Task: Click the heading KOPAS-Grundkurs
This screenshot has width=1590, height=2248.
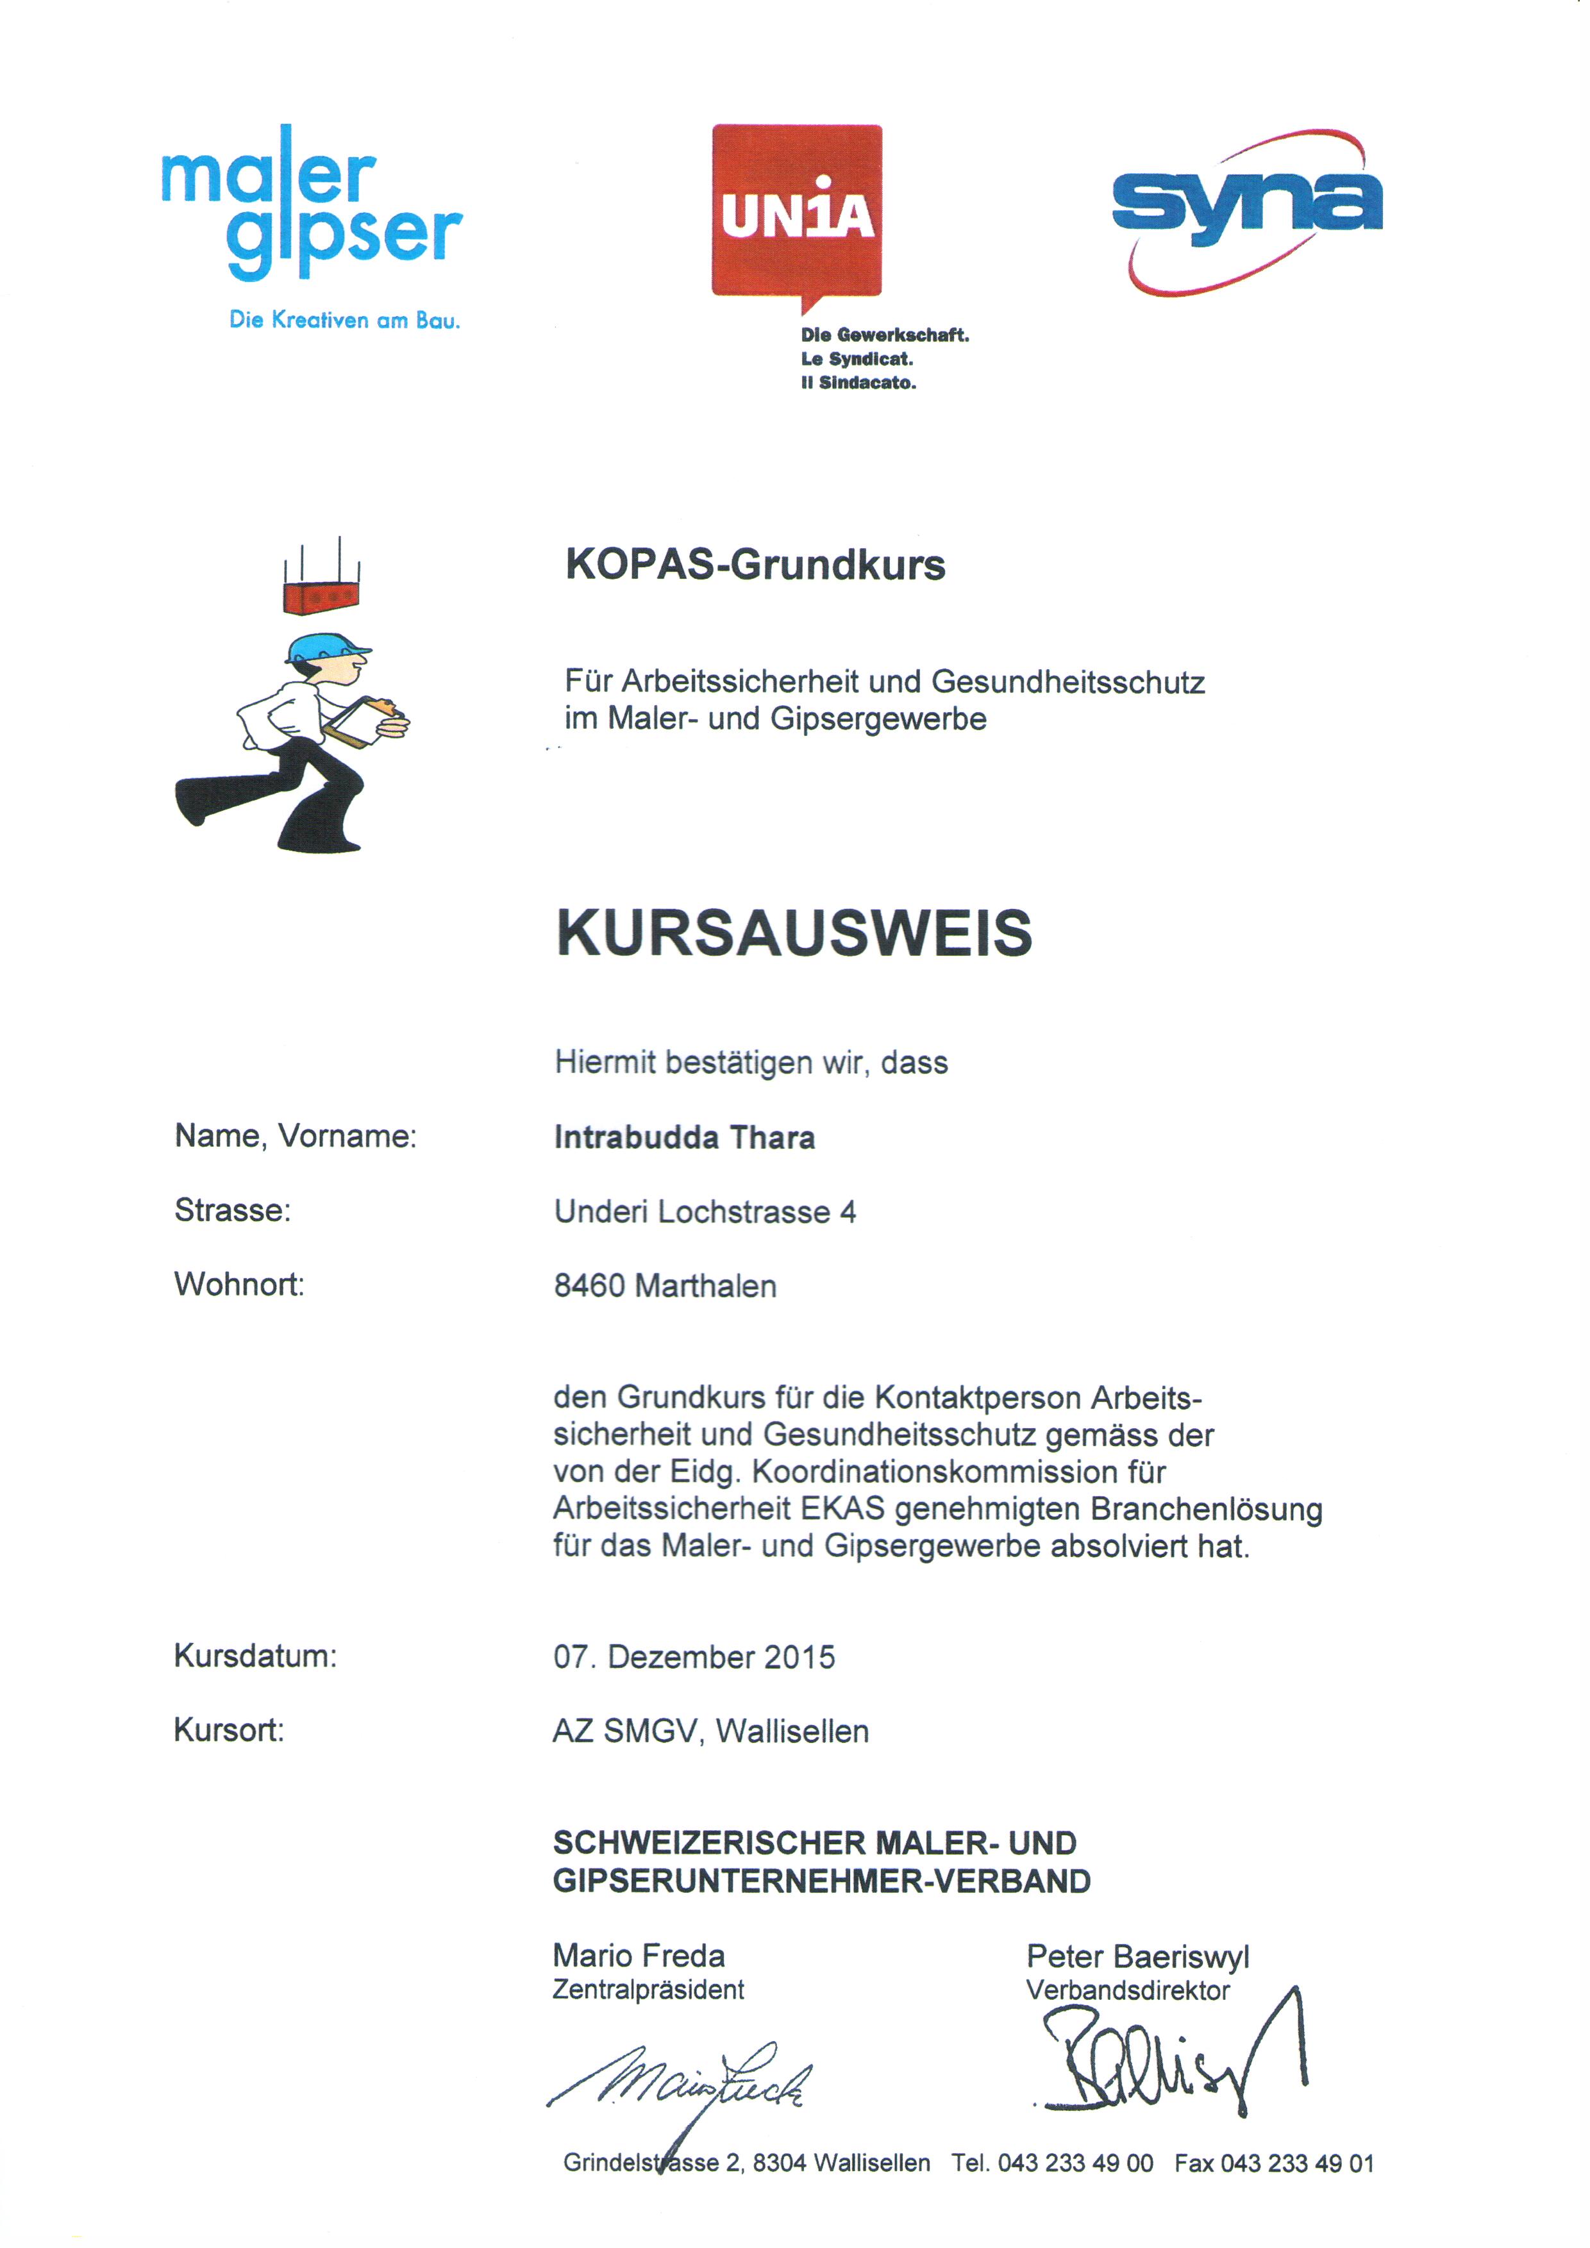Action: pos(755,565)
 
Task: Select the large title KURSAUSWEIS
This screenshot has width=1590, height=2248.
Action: pos(794,932)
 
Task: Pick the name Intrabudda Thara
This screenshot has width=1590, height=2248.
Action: pos(684,1138)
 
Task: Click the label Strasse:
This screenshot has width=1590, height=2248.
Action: pos(232,1210)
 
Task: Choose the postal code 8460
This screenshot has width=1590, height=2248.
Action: pos(589,1286)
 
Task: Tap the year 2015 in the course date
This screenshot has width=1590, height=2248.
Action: pos(799,1656)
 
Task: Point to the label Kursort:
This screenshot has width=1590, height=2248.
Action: pos(228,1730)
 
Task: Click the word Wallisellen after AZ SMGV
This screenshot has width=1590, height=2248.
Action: pos(792,1731)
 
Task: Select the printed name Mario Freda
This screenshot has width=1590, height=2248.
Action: pos(639,1955)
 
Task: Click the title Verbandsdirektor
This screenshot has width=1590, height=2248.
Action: pos(1127,1990)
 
